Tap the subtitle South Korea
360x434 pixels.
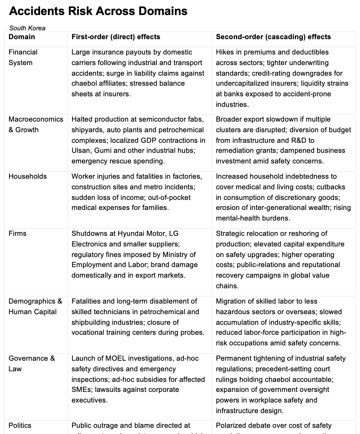coord(27,28)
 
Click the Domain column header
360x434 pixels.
coord(22,37)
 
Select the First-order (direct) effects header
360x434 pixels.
coord(116,37)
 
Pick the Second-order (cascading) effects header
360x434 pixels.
coord(273,37)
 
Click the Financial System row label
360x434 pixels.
coord(23,57)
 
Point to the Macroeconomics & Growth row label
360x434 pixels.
coord(36,125)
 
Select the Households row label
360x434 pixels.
coord(28,176)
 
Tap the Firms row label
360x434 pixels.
coord(17,233)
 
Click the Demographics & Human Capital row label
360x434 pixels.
coord(35,307)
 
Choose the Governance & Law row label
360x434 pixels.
coord(32,364)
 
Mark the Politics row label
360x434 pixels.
coord(20,425)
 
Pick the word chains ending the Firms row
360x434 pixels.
coord(227,286)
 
